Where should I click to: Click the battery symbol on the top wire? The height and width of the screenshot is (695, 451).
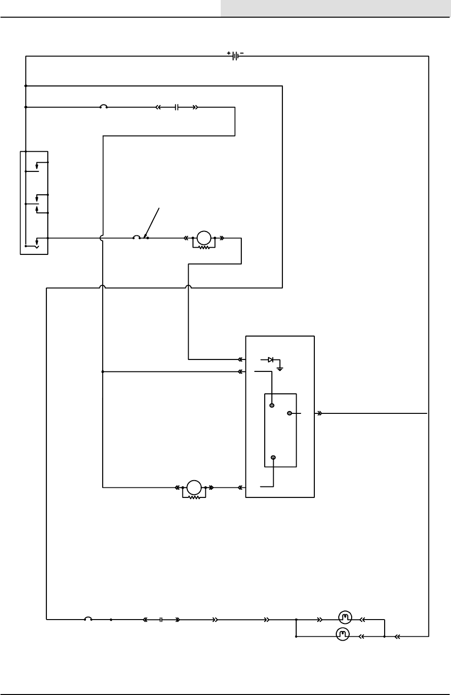234,56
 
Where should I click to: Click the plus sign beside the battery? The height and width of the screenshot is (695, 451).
229,53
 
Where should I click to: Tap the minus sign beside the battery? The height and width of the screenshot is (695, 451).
241,53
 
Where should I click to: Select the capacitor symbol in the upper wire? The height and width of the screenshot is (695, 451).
176,107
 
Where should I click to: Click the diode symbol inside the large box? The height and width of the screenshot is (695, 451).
270,359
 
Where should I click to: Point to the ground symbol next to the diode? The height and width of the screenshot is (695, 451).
281,368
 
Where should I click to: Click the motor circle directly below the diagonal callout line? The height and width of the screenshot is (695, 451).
204,237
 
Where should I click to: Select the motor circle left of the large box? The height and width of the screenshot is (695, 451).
193,487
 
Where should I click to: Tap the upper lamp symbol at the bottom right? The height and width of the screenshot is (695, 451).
345,617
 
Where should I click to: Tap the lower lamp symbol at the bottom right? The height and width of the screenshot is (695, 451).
343,634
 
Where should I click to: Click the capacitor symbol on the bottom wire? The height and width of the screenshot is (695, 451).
161,620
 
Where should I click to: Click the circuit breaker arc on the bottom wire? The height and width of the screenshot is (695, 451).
88,619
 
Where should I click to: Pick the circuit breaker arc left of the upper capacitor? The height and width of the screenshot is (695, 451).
103,106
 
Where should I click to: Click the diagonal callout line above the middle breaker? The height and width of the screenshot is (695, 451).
153,222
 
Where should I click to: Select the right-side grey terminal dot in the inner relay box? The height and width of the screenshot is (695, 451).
290,413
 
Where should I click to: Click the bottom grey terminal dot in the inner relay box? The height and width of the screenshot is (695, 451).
273,458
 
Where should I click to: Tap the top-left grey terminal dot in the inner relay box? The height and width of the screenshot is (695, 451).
272,405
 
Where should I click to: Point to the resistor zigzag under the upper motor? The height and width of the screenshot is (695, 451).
204,247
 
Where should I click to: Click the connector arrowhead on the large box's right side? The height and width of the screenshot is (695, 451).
319,413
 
